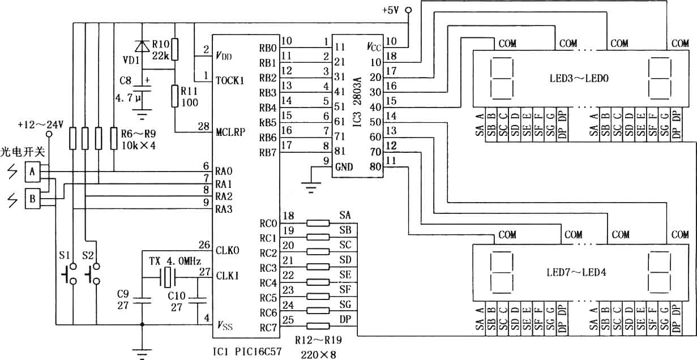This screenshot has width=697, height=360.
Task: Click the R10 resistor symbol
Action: [x=175, y=49]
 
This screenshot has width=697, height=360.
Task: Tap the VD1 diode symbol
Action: [x=142, y=46]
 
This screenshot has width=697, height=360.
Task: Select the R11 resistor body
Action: [x=175, y=96]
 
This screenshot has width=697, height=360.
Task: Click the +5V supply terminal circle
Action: [x=408, y=10]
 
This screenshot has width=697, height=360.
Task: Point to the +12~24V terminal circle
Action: [x=49, y=134]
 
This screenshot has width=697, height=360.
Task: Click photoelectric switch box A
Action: [x=32, y=172]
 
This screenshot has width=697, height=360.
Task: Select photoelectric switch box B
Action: [x=32, y=199]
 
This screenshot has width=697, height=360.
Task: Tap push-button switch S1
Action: [x=70, y=274]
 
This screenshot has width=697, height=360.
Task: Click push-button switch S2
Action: [x=93, y=274]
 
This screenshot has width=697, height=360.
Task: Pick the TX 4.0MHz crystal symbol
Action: [x=168, y=277]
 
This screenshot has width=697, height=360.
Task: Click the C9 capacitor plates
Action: [x=142, y=300]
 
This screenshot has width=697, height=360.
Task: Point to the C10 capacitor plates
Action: [x=198, y=300]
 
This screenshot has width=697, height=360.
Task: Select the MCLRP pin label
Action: [x=230, y=132]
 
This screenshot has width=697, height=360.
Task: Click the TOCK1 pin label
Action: [x=230, y=81]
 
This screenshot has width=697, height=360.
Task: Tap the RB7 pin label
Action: [x=268, y=153]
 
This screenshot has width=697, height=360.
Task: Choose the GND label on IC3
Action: [x=344, y=168]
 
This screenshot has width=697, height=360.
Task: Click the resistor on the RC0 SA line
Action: [x=318, y=223]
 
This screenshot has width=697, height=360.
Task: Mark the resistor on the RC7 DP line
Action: [x=318, y=326]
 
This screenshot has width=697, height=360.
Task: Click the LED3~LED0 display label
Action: [x=579, y=78]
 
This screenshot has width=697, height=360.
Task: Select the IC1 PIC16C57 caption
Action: [x=247, y=352]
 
